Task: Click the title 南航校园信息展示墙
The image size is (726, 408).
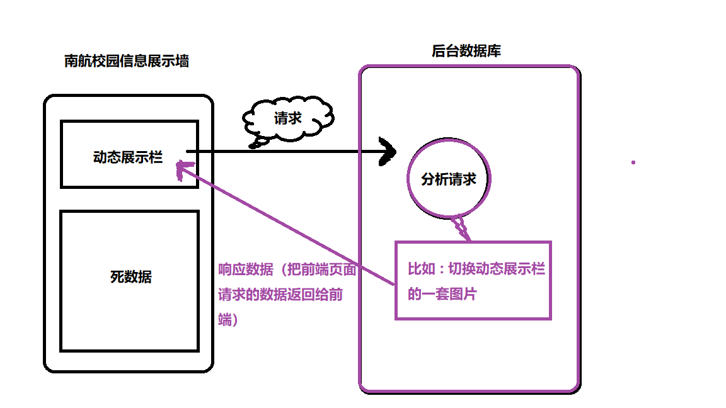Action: pyautogui.click(x=127, y=61)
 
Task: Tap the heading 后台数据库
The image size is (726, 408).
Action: pyautogui.click(x=466, y=52)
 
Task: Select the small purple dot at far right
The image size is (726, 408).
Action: pyautogui.click(x=633, y=162)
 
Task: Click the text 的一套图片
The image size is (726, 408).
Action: pyautogui.click(x=442, y=293)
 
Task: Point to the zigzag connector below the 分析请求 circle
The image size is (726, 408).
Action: pyautogui.click(x=461, y=228)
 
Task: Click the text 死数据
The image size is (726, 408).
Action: pyautogui.click(x=130, y=276)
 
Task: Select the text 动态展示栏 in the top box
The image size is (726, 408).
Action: pyautogui.click(x=128, y=157)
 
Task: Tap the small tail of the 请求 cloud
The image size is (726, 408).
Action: pyautogui.click(x=255, y=145)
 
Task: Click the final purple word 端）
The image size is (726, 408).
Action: pyautogui.click(x=228, y=320)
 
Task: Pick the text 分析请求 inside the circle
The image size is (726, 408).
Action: pyautogui.click(x=449, y=179)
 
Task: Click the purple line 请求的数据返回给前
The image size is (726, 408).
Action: pyautogui.click(x=280, y=295)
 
